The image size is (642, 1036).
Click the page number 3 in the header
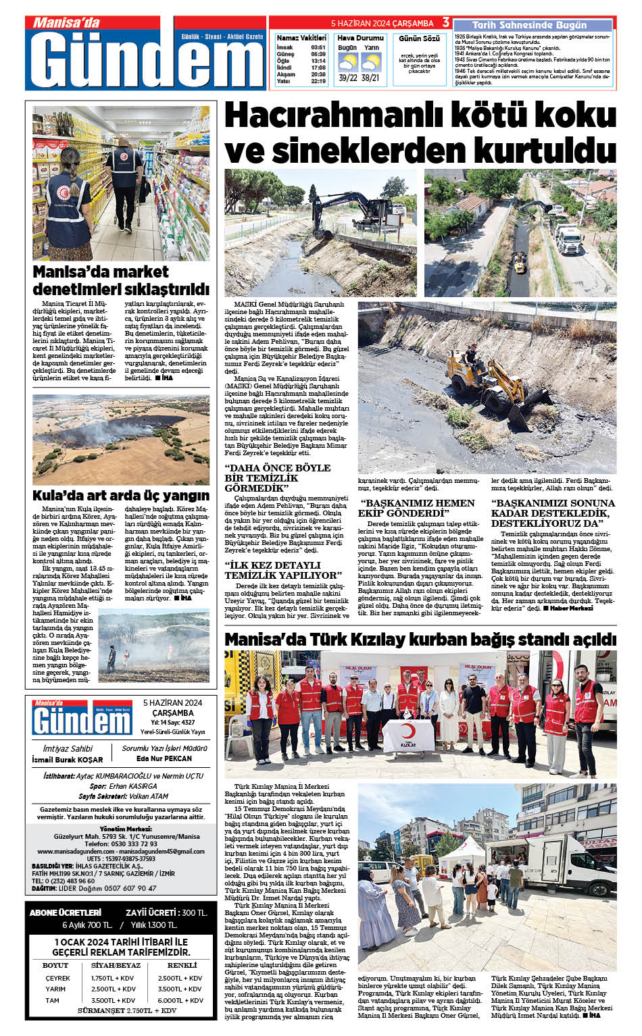pyautogui.click(x=446, y=22)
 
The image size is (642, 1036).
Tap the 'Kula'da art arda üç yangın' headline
pyautogui.click(x=121, y=495)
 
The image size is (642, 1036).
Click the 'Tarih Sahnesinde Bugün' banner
pyautogui.click(x=529, y=25)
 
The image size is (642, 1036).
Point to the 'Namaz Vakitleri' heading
pyautogui.click(x=301, y=38)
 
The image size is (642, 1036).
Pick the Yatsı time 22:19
pyautogui.click(x=318, y=82)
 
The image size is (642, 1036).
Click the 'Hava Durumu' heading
pyautogui.click(x=360, y=38)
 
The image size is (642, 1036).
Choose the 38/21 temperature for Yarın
pyautogui.click(x=370, y=78)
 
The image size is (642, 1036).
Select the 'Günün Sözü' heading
pyautogui.click(x=419, y=38)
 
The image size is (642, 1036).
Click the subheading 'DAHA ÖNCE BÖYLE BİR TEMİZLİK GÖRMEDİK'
pyautogui.click(x=278, y=477)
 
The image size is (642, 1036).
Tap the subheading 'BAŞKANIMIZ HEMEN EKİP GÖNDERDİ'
pyautogui.click(x=417, y=508)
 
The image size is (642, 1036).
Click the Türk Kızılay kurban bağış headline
pyautogui.click(x=420, y=639)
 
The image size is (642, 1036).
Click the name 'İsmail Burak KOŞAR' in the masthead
pyautogui.click(x=68, y=760)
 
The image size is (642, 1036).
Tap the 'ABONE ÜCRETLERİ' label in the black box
pyautogui.click(x=66, y=912)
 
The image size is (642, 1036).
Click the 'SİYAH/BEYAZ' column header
pyautogui.click(x=116, y=965)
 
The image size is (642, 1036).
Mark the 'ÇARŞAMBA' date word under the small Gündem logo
pyautogui.click(x=173, y=713)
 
